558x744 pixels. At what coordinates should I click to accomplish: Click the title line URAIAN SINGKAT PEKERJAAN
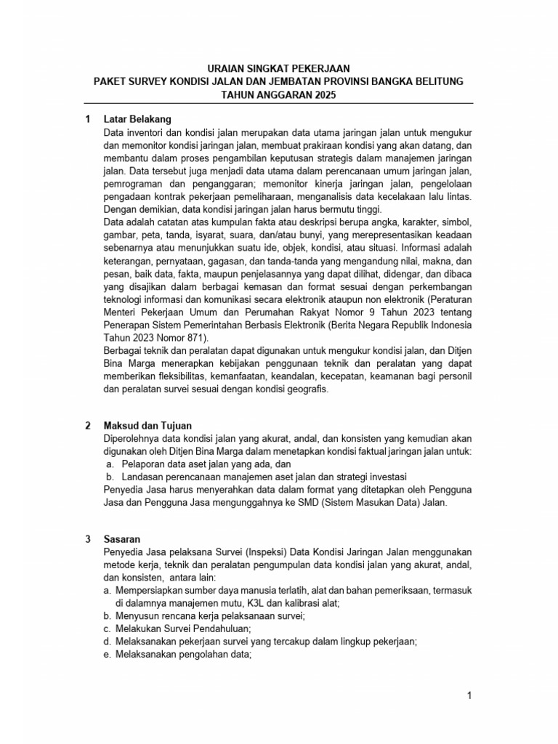(278, 67)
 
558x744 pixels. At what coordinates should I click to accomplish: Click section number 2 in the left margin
(87, 425)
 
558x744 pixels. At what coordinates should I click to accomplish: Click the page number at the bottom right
(469, 696)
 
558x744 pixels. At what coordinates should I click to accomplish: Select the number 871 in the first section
(198, 338)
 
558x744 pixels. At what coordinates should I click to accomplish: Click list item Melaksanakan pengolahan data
(182, 655)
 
